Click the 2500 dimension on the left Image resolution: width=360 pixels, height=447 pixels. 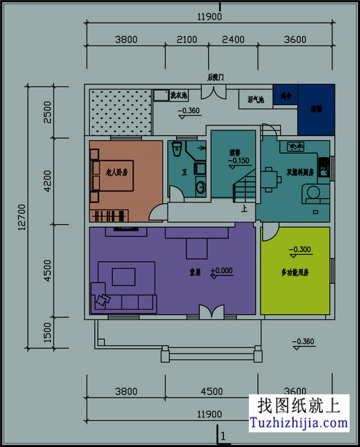pyautogui.click(x=47, y=111)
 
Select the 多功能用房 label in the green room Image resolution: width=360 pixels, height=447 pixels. pyautogui.click(x=295, y=272)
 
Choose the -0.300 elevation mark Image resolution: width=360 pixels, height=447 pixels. pyautogui.click(x=300, y=249)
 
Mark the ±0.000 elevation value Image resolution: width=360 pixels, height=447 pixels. pyautogui.click(x=222, y=271)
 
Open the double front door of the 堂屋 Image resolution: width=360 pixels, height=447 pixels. pyautogui.click(x=210, y=311)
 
